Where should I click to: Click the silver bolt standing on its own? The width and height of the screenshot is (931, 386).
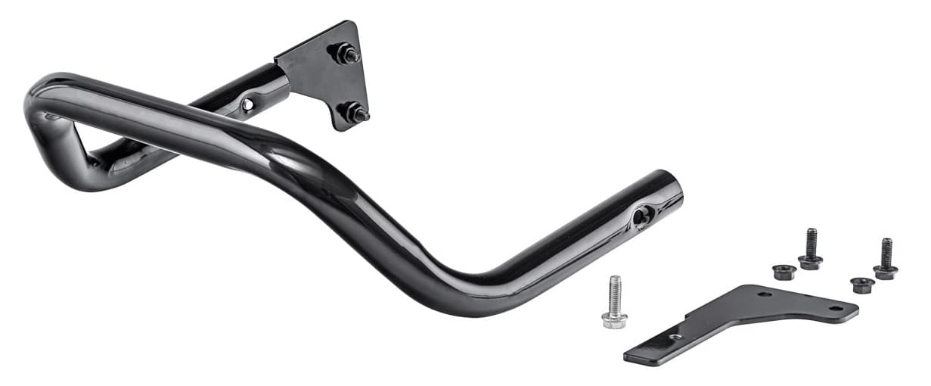click(614, 303)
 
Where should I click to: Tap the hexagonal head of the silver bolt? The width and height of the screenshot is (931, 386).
click(614, 319)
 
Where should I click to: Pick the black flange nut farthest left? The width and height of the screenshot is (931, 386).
click(784, 271)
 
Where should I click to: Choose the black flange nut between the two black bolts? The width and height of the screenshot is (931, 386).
click(862, 285)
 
